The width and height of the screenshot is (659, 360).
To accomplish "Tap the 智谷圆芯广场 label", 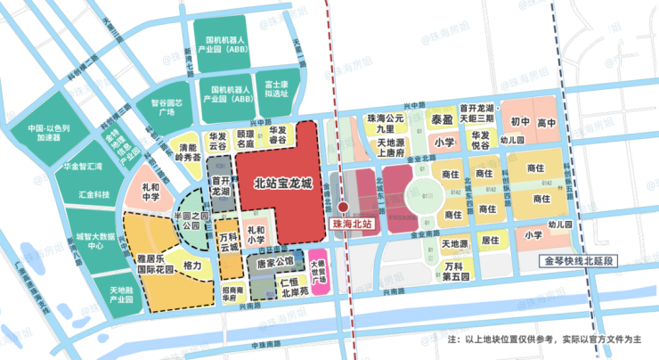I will point(166,108).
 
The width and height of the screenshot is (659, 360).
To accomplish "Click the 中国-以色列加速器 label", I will point(54,133).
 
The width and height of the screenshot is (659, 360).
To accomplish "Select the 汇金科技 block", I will point(94,194).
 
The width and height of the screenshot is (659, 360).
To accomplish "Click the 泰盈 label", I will point(442,119).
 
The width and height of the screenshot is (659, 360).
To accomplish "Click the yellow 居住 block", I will point(489,240).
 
